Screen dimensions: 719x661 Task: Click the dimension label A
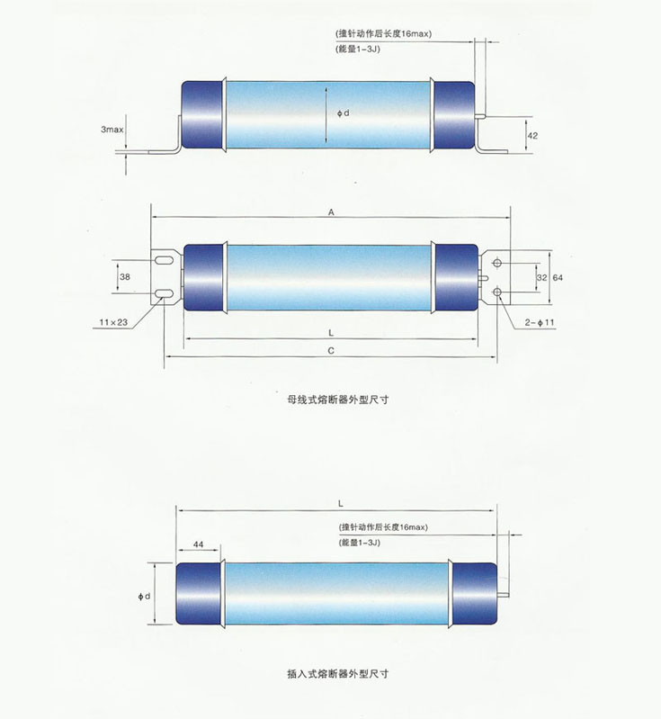[x=331, y=212]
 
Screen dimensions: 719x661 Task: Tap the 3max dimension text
[x=112, y=130]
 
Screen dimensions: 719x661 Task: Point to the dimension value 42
[x=532, y=135]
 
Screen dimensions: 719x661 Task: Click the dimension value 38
[x=124, y=278]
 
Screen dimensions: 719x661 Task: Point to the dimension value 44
[x=199, y=546]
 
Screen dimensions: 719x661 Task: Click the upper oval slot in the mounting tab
[x=164, y=262]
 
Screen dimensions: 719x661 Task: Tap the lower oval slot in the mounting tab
[x=164, y=293]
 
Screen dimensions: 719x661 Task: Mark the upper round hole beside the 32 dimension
[x=497, y=264]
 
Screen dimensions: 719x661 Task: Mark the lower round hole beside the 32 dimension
[x=497, y=292]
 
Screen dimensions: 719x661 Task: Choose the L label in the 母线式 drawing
[x=331, y=333]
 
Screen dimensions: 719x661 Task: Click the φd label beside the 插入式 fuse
[x=144, y=596]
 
